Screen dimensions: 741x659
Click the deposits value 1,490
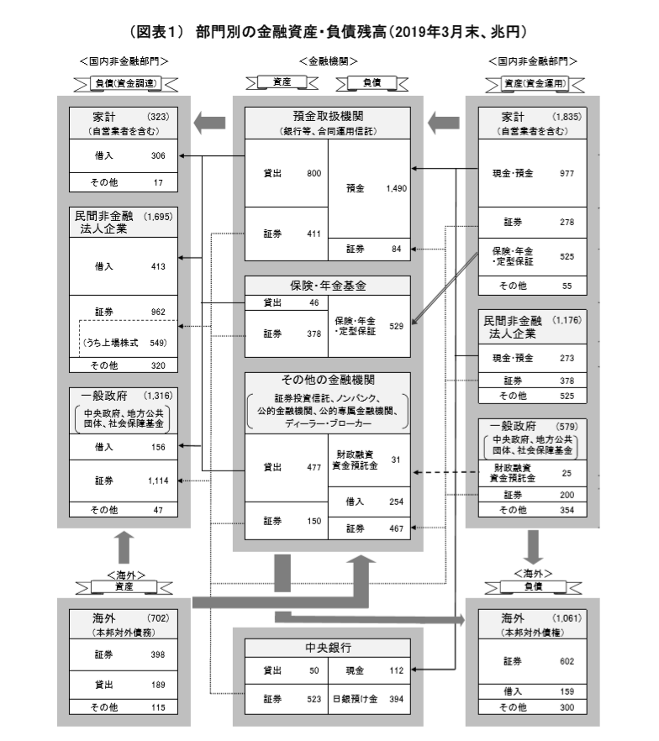[396, 189]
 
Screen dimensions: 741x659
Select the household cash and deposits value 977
[567, 173]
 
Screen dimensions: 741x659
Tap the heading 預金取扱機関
[328, 117]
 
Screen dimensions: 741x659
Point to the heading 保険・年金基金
[328, 286]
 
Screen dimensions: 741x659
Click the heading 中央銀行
[328, 648]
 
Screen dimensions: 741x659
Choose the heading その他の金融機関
[328, 381]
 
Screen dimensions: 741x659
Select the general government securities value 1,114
[158, 481]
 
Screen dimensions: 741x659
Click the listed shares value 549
[158, 343]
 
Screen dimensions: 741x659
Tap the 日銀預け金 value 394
[396, 699]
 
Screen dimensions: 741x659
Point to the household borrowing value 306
[158, 155]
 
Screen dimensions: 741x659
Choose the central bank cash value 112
[396, 670]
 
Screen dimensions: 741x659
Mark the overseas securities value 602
[567, 660]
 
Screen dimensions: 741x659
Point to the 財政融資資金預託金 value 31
[396, 459]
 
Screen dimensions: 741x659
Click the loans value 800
[314, 173]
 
